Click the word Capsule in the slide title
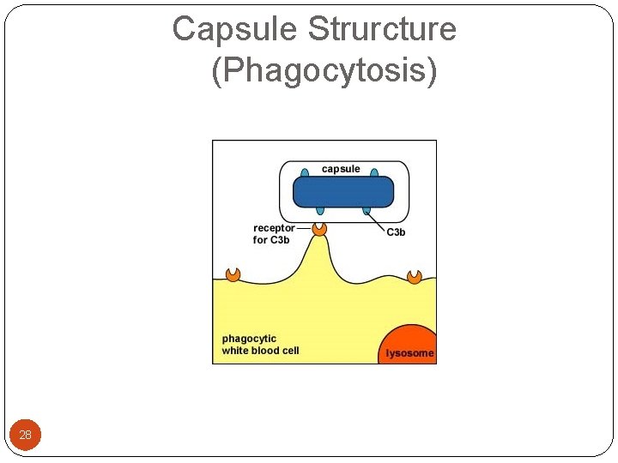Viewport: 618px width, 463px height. (x=235, y=29)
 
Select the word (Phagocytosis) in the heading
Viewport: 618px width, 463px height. (x=324, y=70)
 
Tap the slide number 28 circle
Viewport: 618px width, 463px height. (x=25, y=435)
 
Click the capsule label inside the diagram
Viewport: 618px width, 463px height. (x=341, y=169)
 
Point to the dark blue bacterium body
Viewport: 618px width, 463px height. (x=342, y=191)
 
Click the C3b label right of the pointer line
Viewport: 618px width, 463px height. (x=396, y=232)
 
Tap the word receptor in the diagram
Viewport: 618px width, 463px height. (x=274, y=228)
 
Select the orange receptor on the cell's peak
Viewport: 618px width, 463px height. (x=319, y=229)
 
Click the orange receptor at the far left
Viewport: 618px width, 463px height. (x=233, y=274)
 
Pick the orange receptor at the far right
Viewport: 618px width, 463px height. (x=415, y=276)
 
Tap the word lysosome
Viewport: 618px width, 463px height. (x=409, y=353)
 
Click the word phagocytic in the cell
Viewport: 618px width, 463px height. (x=249, y=339)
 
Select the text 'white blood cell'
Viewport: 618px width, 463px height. (x=260, y=351)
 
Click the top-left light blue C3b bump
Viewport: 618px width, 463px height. (x=305, y=173)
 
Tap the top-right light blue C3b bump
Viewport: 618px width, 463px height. (x=374, y=173)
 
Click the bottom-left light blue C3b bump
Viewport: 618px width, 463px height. (x=320, y=210)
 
